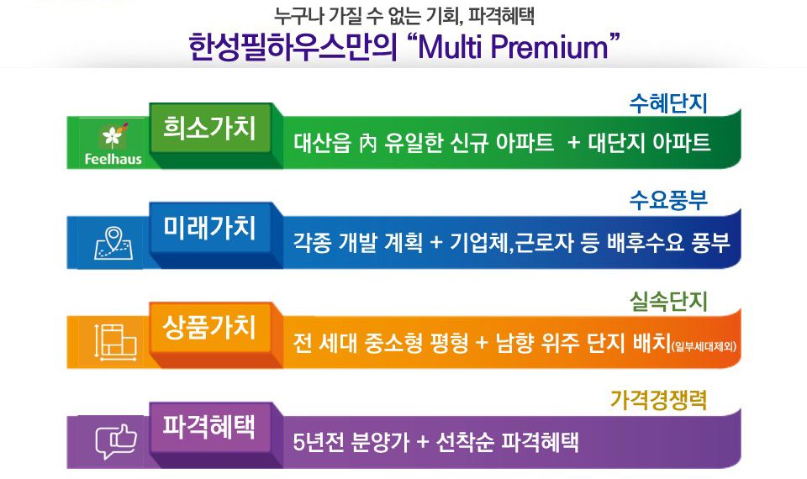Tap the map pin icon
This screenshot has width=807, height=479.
[113, 242]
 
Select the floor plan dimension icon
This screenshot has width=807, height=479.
[116, 342]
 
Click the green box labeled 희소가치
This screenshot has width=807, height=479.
[210, 128]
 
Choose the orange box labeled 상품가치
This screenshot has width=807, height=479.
[210, 327]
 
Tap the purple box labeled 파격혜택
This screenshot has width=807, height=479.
[210, 427]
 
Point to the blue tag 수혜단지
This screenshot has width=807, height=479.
[668, 103]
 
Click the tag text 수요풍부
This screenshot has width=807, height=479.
[668, 201]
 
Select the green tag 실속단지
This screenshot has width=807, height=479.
[668, 302]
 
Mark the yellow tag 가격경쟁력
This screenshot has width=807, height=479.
[659, 400]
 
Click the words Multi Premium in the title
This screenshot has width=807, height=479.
[513, 47]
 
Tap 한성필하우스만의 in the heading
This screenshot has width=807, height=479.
[292, 47]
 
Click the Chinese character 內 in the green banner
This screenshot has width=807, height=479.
[368, 144]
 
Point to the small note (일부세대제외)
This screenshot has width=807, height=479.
[704, 346]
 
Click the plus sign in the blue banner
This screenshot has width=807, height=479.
[436, 243]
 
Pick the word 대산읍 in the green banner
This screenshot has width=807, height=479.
[323, 143]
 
